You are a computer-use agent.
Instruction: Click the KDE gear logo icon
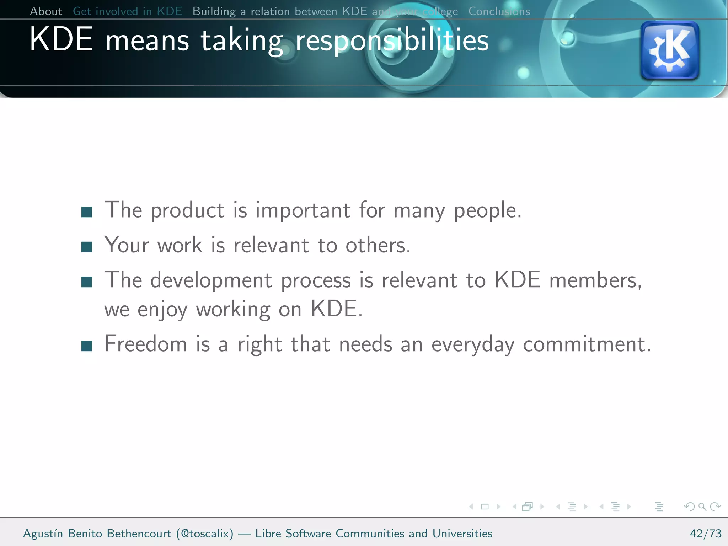[670, 50]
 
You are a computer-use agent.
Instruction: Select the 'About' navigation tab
[46, 11]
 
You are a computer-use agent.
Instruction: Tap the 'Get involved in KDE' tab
[127, 11]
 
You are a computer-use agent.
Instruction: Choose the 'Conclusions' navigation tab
[499, 11]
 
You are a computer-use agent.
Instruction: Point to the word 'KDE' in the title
[61, 40]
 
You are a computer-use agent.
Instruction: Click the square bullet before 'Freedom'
[87, 346]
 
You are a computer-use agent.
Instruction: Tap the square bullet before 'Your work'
[87, 247]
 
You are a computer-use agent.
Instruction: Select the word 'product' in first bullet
[187, 210]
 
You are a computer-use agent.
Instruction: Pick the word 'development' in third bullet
[211, 281]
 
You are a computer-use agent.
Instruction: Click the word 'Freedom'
[146, 344]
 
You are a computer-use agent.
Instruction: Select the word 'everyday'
[473, 345]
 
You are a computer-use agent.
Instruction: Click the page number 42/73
[705, 534]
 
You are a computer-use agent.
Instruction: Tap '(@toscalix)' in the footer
[205, 534]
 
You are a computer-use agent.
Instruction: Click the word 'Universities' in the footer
[462, 534]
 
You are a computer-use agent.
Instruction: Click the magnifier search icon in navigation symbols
[702, 507]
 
